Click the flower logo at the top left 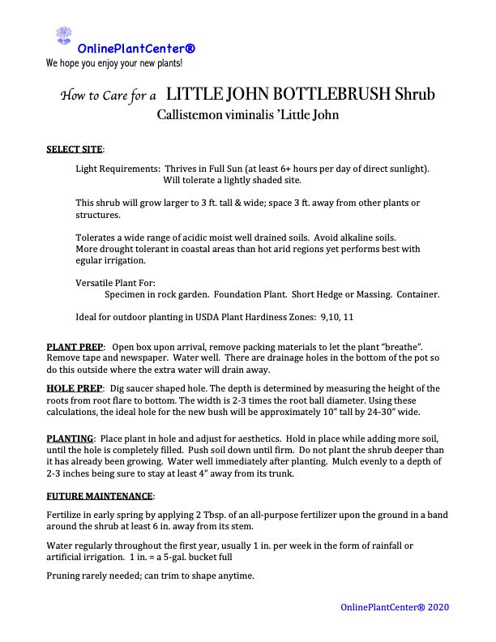coord(63,36)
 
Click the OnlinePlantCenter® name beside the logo coord(136,49)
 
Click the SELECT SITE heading coord(75,149)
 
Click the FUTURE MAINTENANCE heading coord(100,495)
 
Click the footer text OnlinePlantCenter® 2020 coord(395,607)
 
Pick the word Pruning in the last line coord(63,576)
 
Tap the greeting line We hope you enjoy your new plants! coord(114,62)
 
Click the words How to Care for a coord(109,96)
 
